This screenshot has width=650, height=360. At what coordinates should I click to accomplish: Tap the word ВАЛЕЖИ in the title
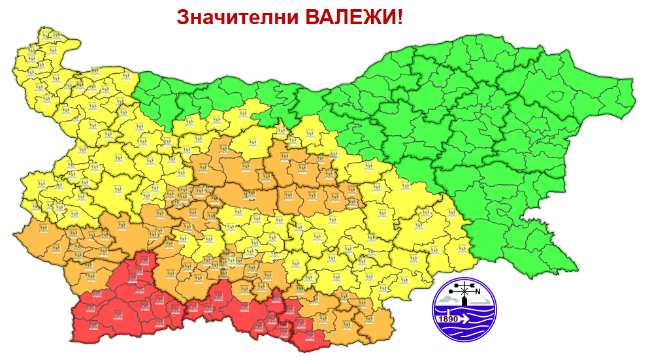tap(349, 17)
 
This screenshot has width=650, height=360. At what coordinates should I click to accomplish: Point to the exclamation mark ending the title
tap(400, 17)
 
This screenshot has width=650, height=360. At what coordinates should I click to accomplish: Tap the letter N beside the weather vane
tap(478, 291)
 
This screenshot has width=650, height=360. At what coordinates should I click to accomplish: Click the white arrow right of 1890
tap(465, 319)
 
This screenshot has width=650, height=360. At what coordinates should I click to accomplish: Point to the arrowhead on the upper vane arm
tap(474, 286)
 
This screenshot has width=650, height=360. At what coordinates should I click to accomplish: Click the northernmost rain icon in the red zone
tap(142, 261)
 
